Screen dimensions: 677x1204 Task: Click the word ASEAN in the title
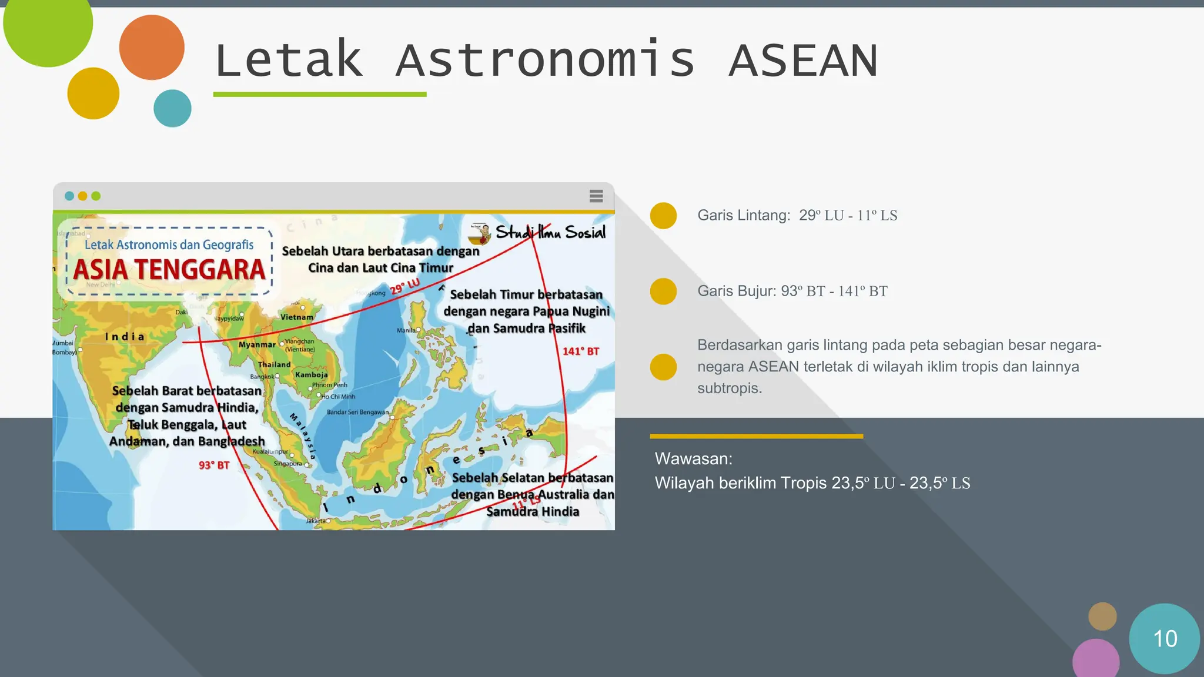803,61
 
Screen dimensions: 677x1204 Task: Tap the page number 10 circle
1164,638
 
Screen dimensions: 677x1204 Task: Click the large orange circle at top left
152,48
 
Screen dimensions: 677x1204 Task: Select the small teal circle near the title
172,108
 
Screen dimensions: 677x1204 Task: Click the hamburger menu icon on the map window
596,196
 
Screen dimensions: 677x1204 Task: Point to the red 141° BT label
580,351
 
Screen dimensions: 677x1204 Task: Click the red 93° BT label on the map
213,465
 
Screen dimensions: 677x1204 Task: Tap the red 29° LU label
405,286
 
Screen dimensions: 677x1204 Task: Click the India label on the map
125,337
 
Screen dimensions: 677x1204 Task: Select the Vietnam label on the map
297,317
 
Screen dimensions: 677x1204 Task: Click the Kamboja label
312,375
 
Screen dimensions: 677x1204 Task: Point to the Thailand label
275,364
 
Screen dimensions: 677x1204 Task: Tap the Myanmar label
257,345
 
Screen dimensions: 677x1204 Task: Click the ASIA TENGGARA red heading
169,270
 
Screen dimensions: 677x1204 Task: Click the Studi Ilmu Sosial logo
538,233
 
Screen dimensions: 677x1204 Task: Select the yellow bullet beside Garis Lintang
663,216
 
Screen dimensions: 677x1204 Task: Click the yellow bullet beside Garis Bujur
663,291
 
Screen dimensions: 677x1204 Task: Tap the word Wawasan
693,459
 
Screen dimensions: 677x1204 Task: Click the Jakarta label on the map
316,521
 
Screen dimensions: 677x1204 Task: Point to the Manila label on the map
406,330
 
